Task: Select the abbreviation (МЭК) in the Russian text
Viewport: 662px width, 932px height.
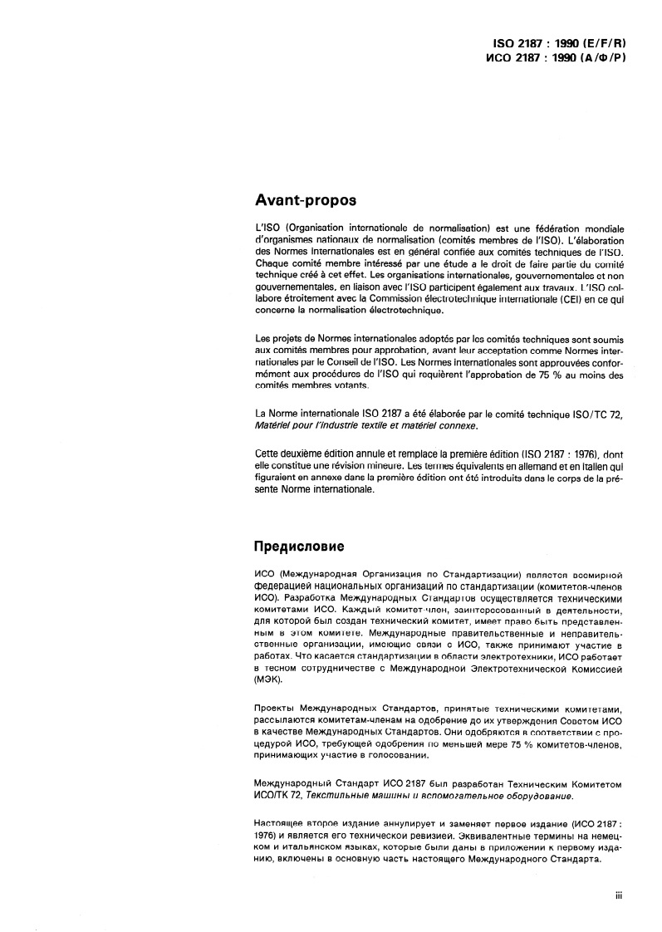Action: tap(270, 679)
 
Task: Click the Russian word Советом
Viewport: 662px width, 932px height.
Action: tap(576, 722)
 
